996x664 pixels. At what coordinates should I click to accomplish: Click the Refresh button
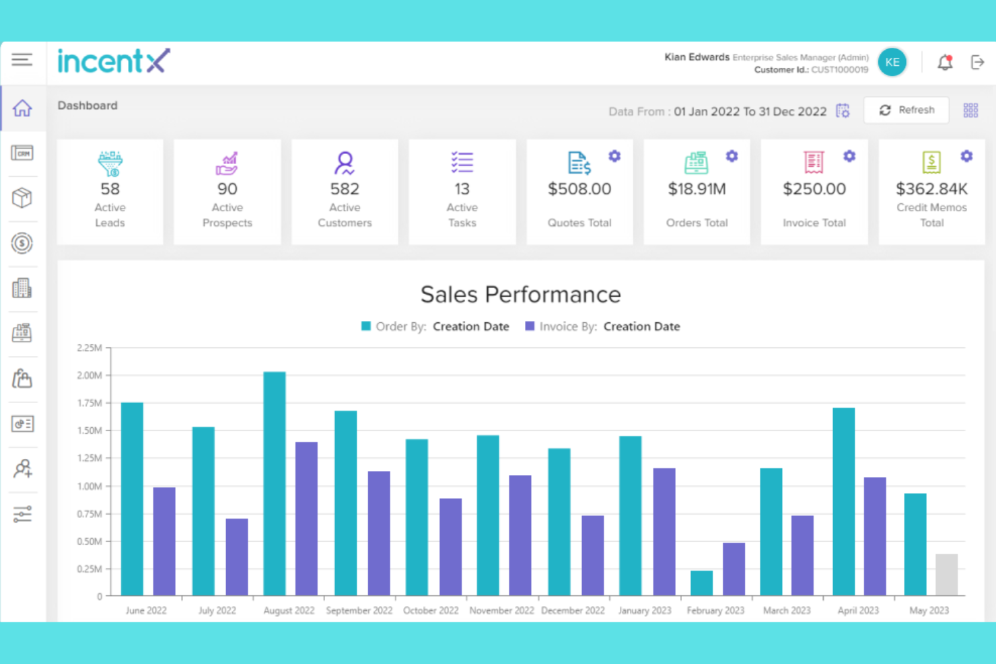pyautogui.click(x=906, y=110)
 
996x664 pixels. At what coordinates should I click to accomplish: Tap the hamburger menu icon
pyautogui.click(x=22, y=60)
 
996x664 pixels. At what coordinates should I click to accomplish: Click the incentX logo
pyautogui.click(x=114, y=61)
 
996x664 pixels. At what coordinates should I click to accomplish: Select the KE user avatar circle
pyautogui.click(x=892, y=63)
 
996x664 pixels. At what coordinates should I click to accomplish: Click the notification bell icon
pyautogui.click(x=945, y=63)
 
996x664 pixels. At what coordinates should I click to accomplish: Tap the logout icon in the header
pyautogui.click(x=977, y=63)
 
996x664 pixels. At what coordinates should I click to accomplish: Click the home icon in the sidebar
pyautogui.click(x=22, y=108)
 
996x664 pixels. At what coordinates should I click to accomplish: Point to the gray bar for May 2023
pyautogui.click(x=946, y=575)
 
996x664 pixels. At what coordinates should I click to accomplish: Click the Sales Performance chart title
pyautogui.click(x=520, y=295)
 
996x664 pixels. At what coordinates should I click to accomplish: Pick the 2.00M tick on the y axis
pyautogui.click(x=90, y=375)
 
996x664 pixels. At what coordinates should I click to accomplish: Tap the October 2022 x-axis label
pyautogui.click(x=431, y=611)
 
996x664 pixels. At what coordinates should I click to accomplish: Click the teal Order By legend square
pyautogui.click(x=366, y=326)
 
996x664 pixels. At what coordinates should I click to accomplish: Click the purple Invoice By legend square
pyautogui.click(x=530, y=326)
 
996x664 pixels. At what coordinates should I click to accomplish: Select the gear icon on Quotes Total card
pyautogui.click(x=614, y=156)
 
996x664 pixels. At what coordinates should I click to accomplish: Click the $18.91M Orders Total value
pyautogui.click(x=697, y=189)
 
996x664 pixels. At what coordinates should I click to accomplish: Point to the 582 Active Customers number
pyautogui.click(x=345, y=189)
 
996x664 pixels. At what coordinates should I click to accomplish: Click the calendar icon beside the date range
pyautogui.click(x=843, y=111)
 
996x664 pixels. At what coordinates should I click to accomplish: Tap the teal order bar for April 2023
pyautogui.click(x=844, y=501)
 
